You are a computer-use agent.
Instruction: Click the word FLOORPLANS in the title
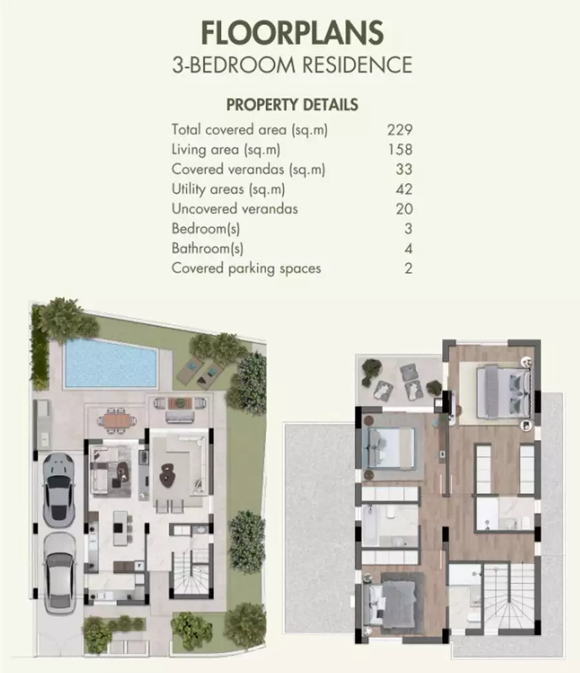coord(292,33)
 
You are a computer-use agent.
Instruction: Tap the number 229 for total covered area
coord(400,130)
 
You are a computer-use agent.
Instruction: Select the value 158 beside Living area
coord(400,150)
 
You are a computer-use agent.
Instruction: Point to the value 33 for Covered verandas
coord(403,169)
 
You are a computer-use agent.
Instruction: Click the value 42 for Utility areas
coord(403,189)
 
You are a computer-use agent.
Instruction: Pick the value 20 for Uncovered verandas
coord(403,209)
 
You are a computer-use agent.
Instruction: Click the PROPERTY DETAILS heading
coord(292,104)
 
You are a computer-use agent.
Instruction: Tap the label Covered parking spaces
coord(246,268)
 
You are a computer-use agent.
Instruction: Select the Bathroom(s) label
coord(208,249)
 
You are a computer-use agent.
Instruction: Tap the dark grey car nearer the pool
coord(59,490)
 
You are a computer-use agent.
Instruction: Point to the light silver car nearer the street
coord(60,573)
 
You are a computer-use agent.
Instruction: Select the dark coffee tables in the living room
coord(168,475)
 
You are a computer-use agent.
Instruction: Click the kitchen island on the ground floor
coord(121,528)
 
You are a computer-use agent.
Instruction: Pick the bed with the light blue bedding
coord(388,449)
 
